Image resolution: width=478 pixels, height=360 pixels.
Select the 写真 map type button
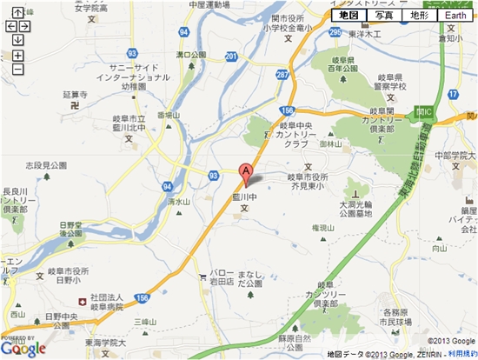pos(384,16)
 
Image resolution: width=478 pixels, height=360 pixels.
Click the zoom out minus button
pos(17,69)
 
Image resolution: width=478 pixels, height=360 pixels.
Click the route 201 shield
pos(230,57)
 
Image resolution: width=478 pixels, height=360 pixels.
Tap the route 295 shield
pos(335,32)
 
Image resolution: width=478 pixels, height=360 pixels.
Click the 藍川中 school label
pos(252,197)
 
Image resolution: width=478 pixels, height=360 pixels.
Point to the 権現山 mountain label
pos(323,228)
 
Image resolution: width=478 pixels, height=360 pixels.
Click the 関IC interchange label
pos(425,112)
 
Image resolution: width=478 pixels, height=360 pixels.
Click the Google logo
pos(23,348)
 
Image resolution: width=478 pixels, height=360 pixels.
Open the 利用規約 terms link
pos(461,354)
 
